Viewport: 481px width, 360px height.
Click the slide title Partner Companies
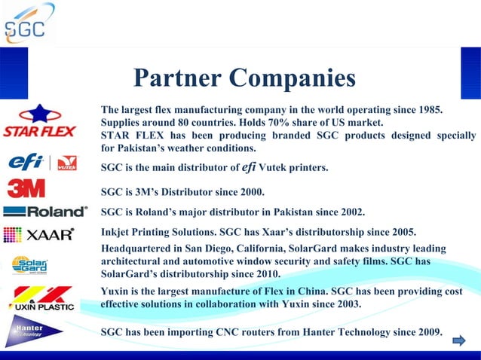(x=244, y=78)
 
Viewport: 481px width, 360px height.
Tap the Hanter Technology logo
(x=30, y=331)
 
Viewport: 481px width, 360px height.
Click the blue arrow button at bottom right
(x=458, y=342)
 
